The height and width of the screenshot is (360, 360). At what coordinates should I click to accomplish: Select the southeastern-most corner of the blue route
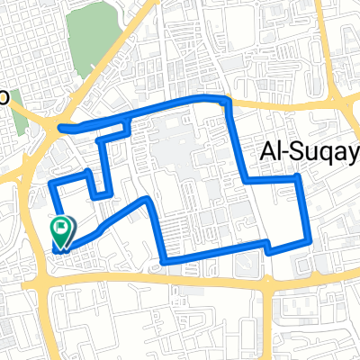click(310, 241)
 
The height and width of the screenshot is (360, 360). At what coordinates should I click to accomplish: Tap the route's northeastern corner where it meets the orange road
click(228, 100)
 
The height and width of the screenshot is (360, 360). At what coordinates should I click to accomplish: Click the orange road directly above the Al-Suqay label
click(297, 106)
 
